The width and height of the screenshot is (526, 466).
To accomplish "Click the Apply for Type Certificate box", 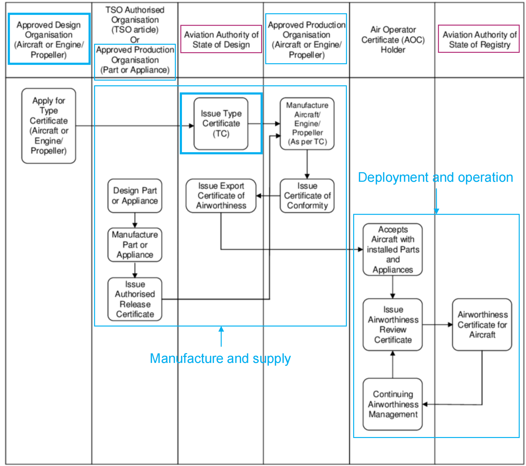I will coord(49,126).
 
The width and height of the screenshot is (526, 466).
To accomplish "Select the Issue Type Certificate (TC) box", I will coord(221,124).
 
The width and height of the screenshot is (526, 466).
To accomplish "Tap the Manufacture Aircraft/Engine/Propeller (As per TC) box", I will coord(307,124).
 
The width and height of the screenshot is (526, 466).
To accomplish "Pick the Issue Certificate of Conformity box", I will coord(307,195).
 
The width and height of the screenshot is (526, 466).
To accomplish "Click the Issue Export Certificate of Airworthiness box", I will coord(221,195).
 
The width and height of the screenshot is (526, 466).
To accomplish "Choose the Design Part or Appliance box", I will coord(135,195).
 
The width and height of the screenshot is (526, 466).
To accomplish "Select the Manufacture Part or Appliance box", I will coord(135,245).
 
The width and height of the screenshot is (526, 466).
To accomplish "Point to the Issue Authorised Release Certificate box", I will coord(135,299).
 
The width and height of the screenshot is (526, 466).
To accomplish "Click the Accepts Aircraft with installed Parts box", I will coord(393,249).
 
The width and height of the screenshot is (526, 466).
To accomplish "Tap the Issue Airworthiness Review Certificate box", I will coord(393,324).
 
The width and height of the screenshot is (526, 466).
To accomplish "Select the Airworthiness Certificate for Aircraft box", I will coord(482,324).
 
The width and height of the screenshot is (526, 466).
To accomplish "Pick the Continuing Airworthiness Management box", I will coord(393,404).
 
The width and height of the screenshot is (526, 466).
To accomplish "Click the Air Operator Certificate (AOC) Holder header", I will coord(393,40).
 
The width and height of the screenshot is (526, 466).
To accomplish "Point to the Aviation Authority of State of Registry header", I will coord(479,39).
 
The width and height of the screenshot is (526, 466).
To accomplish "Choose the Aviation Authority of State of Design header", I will coord(221,39).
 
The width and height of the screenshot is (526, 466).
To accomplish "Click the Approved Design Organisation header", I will coord(49,39).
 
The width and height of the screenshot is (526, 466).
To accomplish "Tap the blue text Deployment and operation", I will coord(435,177).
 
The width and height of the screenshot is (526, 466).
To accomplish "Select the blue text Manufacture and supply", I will coord(220,358).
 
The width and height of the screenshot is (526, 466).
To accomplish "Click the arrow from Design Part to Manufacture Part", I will coord(135,220).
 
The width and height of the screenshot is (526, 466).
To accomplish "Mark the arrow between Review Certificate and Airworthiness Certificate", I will coord(437,324).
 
